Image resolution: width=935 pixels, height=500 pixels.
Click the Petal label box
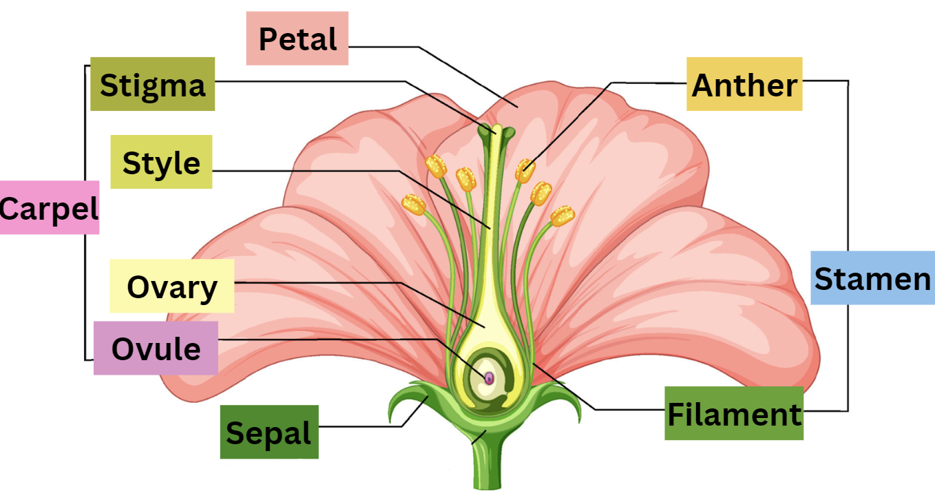click(x=297, y=39)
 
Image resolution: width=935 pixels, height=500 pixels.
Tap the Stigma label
click(x=153, y=85)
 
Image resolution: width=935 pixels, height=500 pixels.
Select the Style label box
click(x=162, y=163)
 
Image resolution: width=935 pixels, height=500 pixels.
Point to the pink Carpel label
click(x=49, y=207)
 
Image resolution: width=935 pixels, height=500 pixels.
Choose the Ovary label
click(x=172, y=287)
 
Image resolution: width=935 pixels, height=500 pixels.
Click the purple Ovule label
click(x=156, y=348)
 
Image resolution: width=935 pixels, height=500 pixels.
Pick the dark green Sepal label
click(x=269, y=433)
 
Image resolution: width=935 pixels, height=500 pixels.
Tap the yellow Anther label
click(x=744, y=85)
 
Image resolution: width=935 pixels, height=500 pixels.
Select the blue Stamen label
click(x=872, y=278)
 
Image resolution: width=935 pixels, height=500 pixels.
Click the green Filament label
click(x=734, y=413)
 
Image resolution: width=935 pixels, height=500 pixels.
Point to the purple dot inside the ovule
click(x=489, y=378)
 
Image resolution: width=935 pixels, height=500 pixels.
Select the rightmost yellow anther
click(x=563, y=216)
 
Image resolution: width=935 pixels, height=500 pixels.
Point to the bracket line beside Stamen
click(x=848, y=172)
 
